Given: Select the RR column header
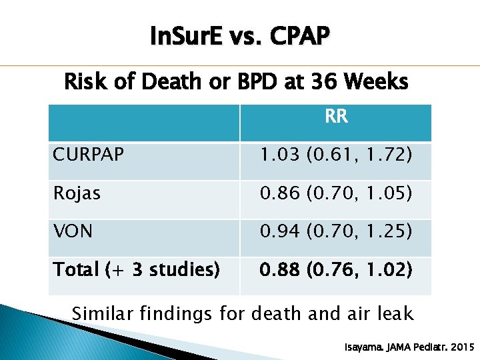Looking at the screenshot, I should pyautogui.click(x=336, y=117).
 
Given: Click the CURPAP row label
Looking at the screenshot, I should pyautogui.click(x=88, y=155).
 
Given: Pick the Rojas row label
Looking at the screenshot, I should pyautogui.click(x=77, y=193).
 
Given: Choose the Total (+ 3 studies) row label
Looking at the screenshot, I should pyautogui.click(x=136, y=270).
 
